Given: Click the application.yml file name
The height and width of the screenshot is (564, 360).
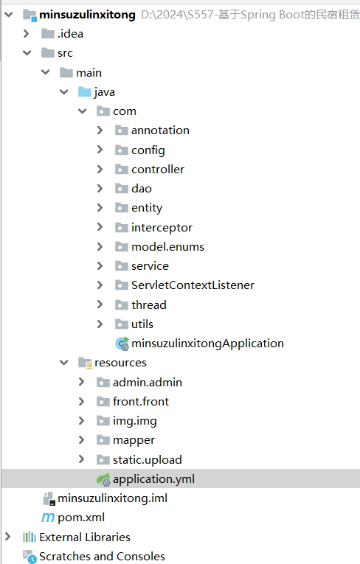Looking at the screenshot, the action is click(x=153, y=479).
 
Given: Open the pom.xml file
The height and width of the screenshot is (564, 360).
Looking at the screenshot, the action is click(x=81, y=518).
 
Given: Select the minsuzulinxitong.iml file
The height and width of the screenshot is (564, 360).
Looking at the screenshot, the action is click(x=112, y=498).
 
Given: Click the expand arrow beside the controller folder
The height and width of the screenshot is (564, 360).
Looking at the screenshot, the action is click(x=100, y=169).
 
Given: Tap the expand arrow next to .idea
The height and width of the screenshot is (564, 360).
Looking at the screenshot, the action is click(x=26, y=33).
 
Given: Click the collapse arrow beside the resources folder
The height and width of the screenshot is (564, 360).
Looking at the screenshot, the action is click(x=63, y=363).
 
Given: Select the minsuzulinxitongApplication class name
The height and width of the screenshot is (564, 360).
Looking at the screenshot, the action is click(x=207, y=344).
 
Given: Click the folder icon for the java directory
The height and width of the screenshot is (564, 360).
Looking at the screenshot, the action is click(x=85, y=91).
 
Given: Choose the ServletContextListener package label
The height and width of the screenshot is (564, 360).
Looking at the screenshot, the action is click(x=193, y=285).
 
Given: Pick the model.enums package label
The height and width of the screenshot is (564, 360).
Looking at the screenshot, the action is click(x=167, y=247).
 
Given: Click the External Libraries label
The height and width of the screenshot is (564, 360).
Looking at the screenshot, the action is click(x=85, y=537).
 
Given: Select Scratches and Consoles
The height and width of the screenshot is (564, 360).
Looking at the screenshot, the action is click(x=103, y=556).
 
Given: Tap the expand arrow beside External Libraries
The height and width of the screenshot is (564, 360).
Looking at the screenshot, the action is click(x=7, y=537).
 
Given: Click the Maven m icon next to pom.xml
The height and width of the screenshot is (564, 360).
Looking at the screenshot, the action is click(x=48, y=518).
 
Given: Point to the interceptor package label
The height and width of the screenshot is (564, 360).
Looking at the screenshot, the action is click(x=162, y=228).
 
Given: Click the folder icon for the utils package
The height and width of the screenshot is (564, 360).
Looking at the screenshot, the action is click(x=122, y=324).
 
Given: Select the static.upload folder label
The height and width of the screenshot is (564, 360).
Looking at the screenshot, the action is click(x=148, y=460).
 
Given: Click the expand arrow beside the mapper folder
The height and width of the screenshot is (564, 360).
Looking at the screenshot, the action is click(x=82, y=439).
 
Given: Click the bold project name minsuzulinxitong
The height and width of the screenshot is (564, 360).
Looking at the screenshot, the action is click(x=88, y=15).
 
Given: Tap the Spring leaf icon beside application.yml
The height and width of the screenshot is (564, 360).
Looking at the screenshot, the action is click(x=103, y=479).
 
